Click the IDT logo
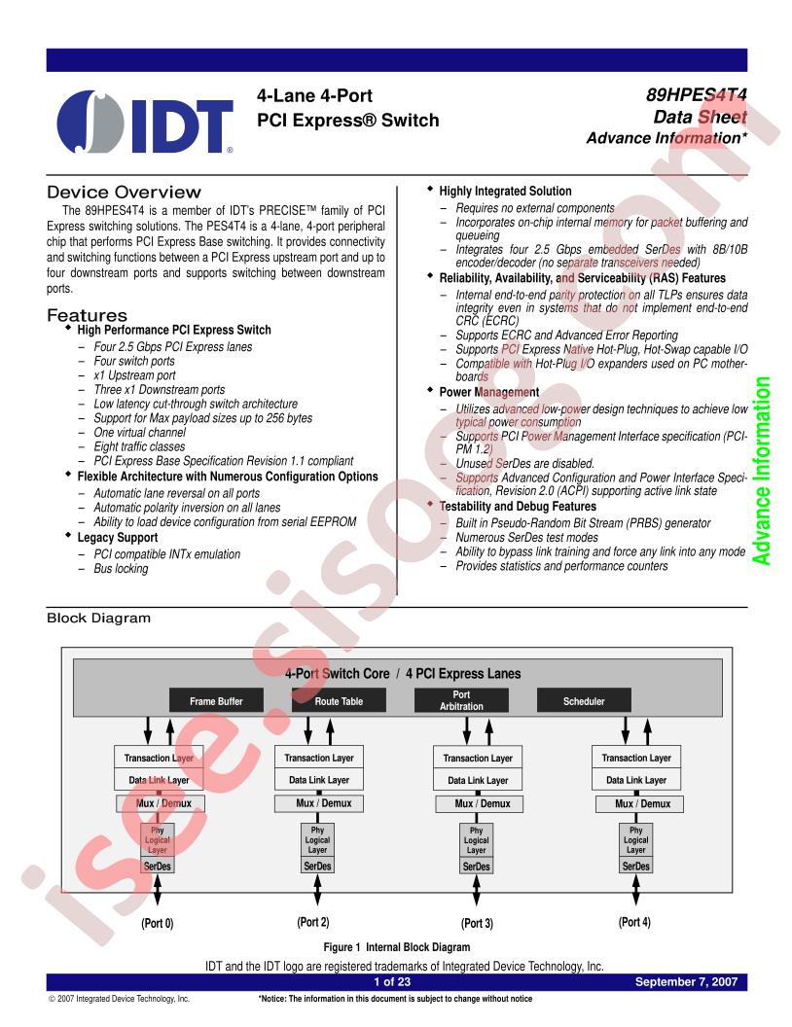[145, 122]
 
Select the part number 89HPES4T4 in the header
[697, 95]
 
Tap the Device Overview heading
[124, 192]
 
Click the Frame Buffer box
[216, 700]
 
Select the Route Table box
[339, 700]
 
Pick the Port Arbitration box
[461, 700]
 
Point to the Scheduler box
[584, 700]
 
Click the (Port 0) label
[158, 923]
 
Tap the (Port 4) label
[634, 922]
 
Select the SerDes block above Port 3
[476, 866]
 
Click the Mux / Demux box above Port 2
[319, 803]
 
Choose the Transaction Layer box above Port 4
[636, 758]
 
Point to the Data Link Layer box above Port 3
[478, 779]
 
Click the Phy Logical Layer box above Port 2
[317, 839]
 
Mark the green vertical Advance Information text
[761, 471]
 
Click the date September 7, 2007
[686, 981]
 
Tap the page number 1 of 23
[392, 981]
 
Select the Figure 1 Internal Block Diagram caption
[396, 947]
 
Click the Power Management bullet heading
[488, 392]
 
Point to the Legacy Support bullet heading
[118, 537]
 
